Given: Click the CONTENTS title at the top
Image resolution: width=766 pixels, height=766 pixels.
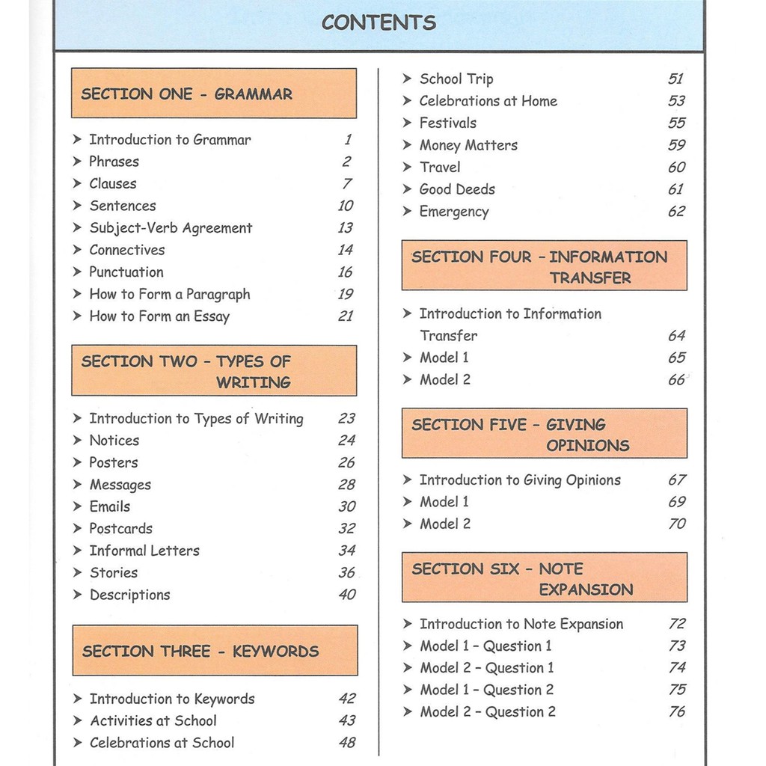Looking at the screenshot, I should click(379, 22).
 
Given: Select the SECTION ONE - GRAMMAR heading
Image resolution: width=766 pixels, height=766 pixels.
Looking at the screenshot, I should click(187, 94).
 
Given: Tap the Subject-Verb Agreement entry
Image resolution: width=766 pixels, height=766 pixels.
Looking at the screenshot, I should click(171, 228).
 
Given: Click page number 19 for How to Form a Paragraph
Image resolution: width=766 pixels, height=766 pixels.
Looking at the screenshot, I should click(345, 294).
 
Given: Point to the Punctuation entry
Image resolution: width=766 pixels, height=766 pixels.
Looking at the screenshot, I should click(126, 272).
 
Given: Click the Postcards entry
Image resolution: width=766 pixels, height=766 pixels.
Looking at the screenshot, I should click(121, 529).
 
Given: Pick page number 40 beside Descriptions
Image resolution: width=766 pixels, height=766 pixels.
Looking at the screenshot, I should click(346, 595).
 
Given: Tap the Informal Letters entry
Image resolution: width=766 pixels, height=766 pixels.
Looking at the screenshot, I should click(144, 551).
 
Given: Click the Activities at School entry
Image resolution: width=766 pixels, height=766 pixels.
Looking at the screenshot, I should click(153, 721).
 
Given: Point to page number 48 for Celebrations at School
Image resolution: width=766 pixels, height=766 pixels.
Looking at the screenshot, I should click(346, 743).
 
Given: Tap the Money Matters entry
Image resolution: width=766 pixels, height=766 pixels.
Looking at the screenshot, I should click(468, 145).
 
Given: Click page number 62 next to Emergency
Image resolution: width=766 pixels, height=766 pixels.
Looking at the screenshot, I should click(676, 212).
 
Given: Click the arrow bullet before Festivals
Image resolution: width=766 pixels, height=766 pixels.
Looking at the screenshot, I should click(408, 123).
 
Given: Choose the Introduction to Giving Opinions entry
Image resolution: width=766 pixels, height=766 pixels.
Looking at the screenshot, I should click(520, 480).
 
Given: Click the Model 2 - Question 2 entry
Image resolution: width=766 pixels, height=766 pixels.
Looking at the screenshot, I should click(488, 712).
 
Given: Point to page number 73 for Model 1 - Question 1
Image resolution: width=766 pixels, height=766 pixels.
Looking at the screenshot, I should click(677, 646).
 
